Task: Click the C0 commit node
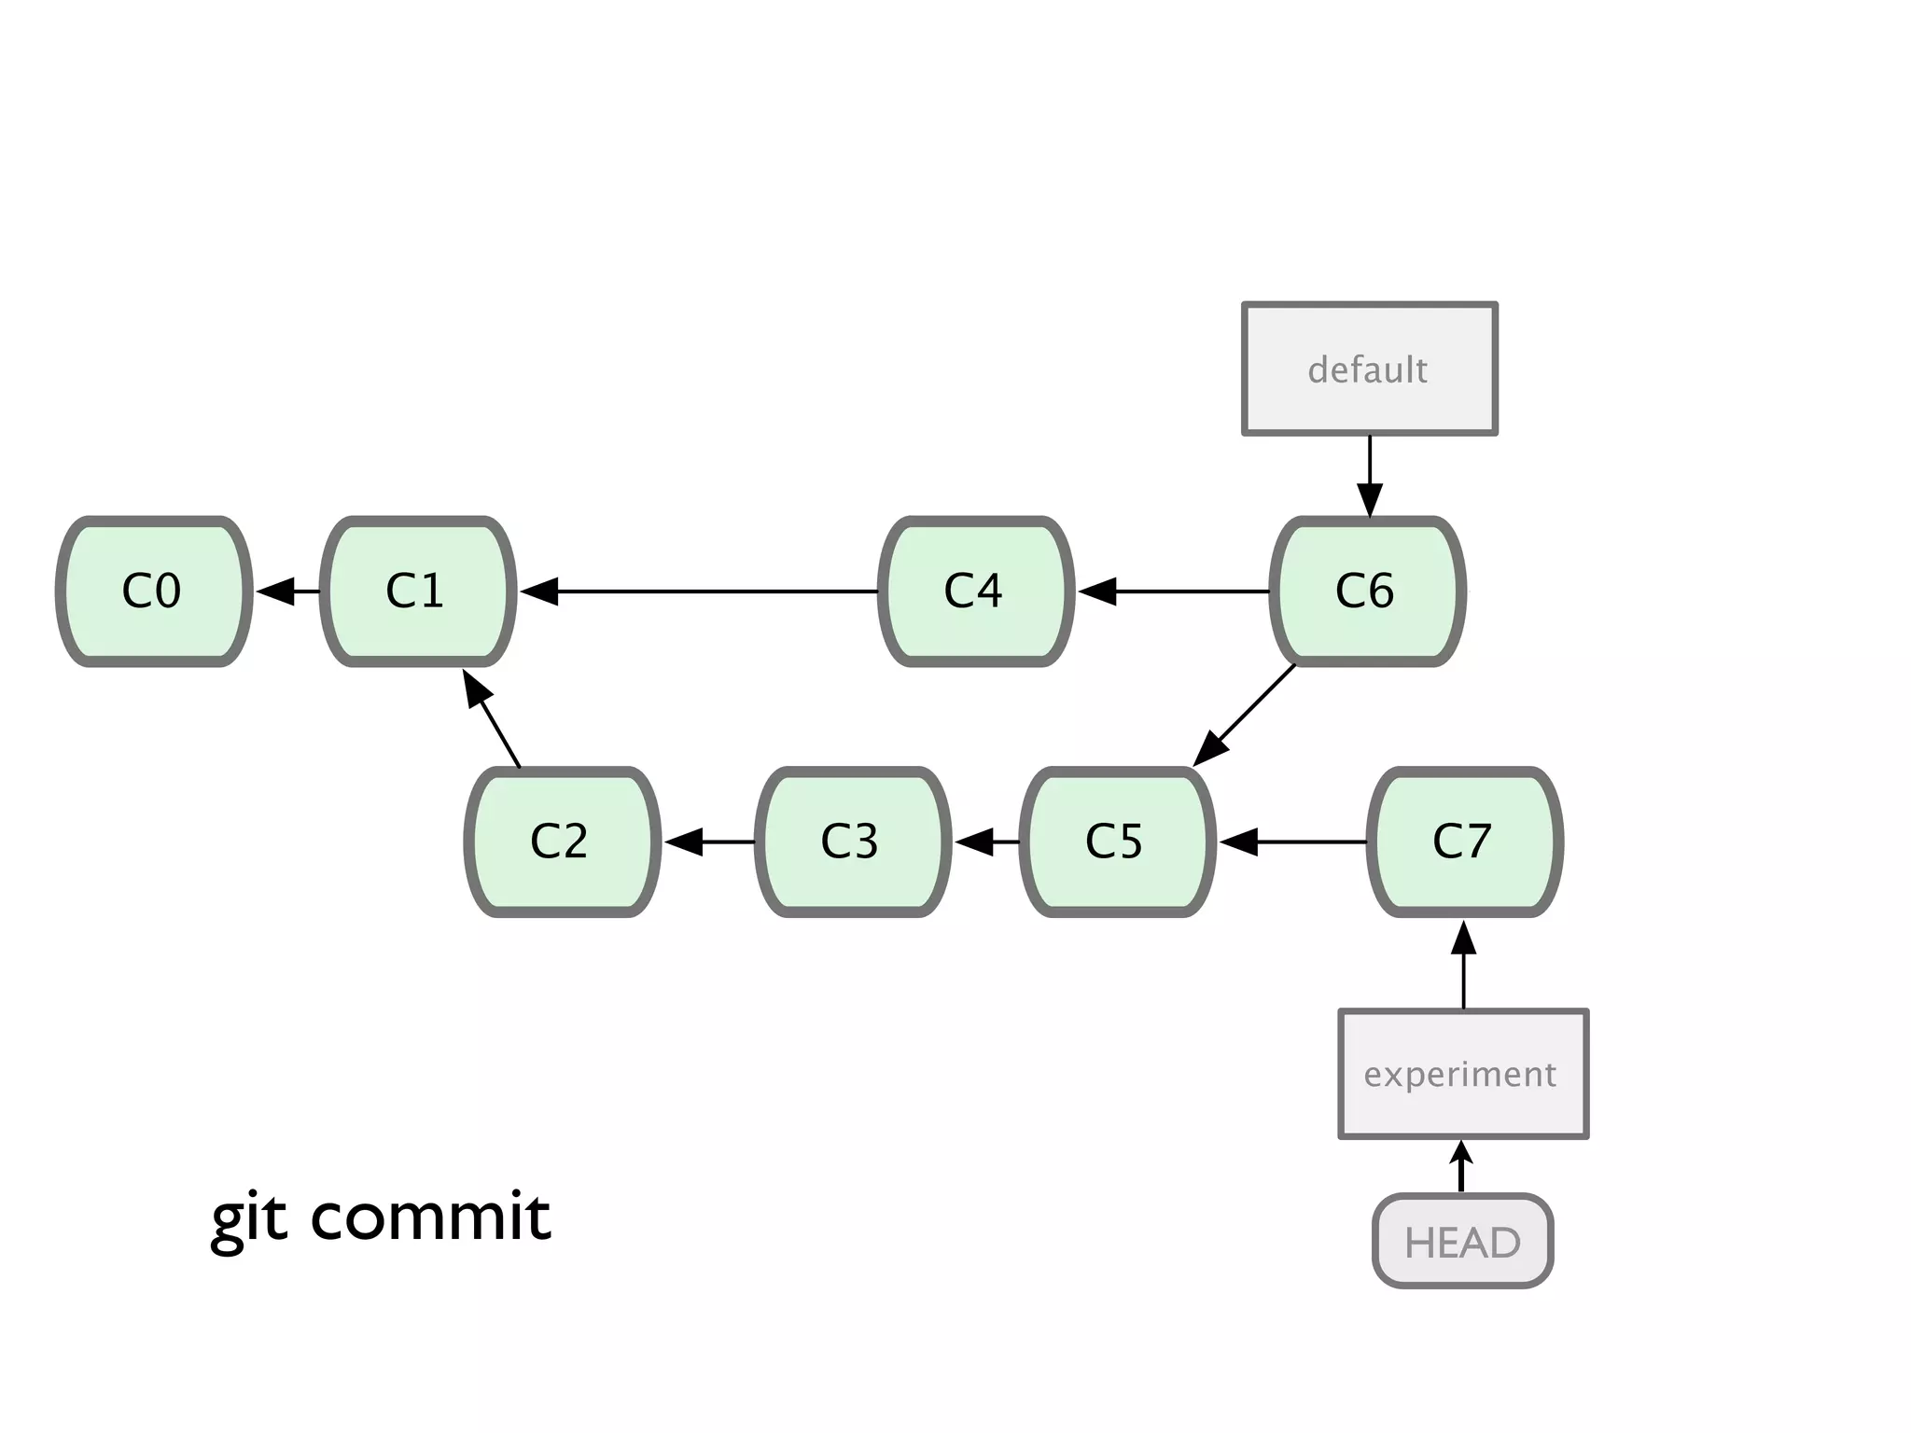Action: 154,591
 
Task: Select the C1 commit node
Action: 418,591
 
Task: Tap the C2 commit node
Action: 563,842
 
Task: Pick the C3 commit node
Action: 852,842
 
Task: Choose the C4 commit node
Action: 976,591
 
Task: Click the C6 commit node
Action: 1368,591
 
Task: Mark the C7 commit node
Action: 1465,842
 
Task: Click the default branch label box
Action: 1369,369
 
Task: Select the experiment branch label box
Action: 1462,1074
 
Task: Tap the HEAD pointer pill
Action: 1462,1242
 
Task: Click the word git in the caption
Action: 249,1218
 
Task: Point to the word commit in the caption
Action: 430,1217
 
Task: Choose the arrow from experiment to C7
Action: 1463,966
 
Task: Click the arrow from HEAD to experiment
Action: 1461,1166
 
